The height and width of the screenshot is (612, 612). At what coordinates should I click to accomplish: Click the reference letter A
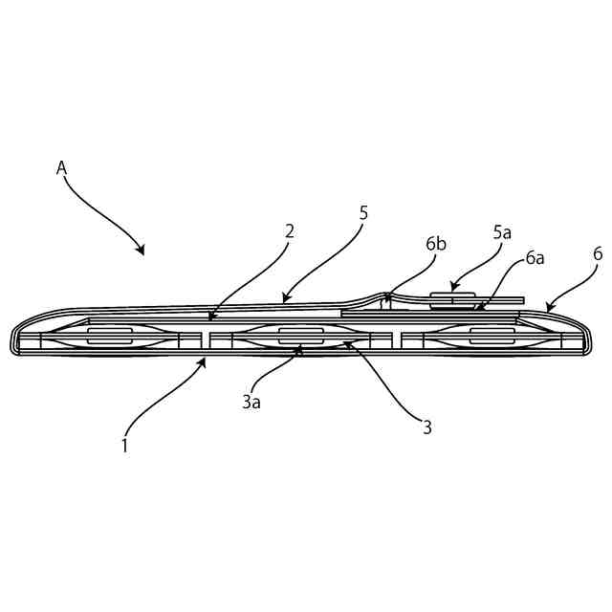pyautogui.click(x=61, y=167)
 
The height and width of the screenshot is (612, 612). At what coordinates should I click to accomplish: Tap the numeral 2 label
pyautogui.click(x=289, y=230)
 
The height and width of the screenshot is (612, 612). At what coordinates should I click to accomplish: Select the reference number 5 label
pyautogui.click(x=363, y=212)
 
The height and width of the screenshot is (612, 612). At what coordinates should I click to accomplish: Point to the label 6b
pyautogui.click(x=436, y=244)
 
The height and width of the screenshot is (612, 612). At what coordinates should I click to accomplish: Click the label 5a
pyautogui.click(x=502, y=232)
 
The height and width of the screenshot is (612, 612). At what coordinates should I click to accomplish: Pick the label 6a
pyautogui.click(x=535, y=259)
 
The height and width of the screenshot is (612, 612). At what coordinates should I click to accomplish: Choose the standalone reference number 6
pyautogui.click(x=598, y=253)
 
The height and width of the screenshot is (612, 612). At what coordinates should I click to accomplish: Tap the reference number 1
pyautogui.click(x=124, y=444)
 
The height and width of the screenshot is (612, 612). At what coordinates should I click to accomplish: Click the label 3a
pyautogui.click(x=251, y=403)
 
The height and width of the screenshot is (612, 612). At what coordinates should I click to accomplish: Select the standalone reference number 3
pyautogui.click(x=427, y=427)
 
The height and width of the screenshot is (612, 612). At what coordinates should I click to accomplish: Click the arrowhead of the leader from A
pyautogui.click(x=142, y=253)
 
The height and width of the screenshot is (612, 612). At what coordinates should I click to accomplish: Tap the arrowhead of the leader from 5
pyautogui.click(x=283, y=301)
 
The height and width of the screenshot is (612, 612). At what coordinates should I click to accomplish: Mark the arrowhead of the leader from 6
pyautogui.click(x=546, y=310)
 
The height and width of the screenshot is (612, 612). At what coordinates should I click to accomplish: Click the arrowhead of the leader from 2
pyautogui.click(x=210, y=317)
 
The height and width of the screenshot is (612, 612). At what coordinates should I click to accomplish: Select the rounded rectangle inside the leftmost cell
pyautogui.click(x=108, y=336)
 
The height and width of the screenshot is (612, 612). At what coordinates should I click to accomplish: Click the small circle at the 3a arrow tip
pyautogui.click(x=298, y=352)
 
